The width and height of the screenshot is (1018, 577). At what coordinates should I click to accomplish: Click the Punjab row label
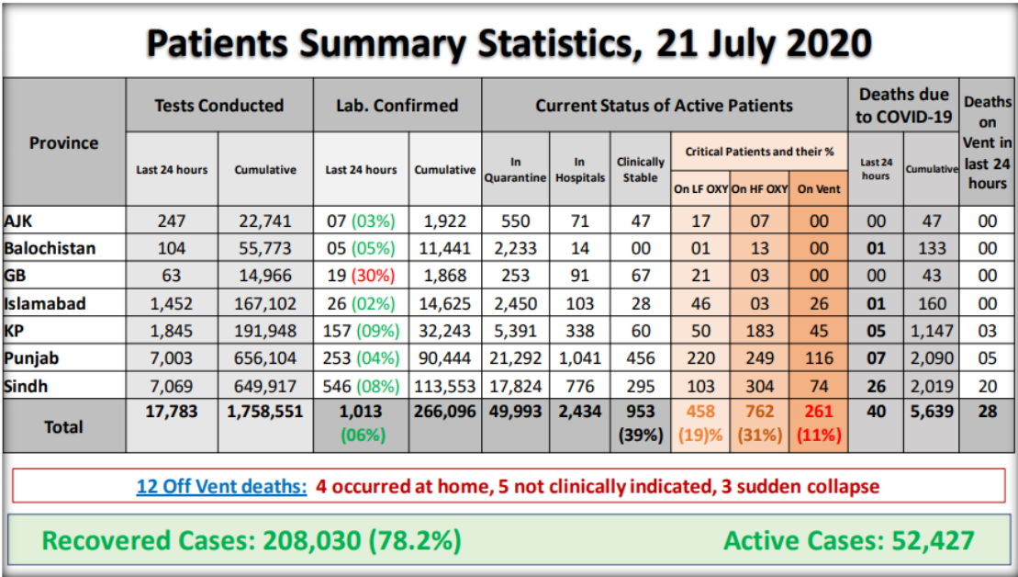tap(33, 358)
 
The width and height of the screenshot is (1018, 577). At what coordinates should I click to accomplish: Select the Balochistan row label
tap(50, 248)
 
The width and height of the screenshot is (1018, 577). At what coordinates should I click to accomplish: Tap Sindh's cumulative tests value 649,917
tap(265, 386)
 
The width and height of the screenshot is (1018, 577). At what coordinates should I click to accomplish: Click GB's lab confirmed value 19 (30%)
tap(361, 276)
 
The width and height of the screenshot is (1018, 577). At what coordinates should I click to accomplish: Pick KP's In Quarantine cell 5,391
tap(516, 331)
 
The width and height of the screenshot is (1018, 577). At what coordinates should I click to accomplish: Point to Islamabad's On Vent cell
tap(818, 303)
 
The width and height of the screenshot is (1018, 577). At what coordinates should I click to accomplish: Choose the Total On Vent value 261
tap(818, 413)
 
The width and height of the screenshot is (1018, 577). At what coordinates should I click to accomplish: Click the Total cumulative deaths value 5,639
tap(931, 413)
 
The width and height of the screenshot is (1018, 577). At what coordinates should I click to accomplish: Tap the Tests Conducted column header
tap(219, 105)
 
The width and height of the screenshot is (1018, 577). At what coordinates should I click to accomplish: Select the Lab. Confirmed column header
tap(397, 105)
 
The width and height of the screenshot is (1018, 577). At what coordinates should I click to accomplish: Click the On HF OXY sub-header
tap(759, 188)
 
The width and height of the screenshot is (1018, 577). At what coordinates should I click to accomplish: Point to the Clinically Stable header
tap(640, 169)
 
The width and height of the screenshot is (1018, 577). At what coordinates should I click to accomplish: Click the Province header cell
tap(63, 142)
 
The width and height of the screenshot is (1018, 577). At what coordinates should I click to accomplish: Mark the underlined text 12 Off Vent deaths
tap(221, 486)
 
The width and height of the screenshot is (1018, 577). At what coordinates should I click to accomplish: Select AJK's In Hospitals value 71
tap(579, 221)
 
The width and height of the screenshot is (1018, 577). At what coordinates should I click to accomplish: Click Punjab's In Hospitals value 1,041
tap(579, 358)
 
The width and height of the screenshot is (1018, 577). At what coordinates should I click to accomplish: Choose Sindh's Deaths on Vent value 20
tap(987, 386)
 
